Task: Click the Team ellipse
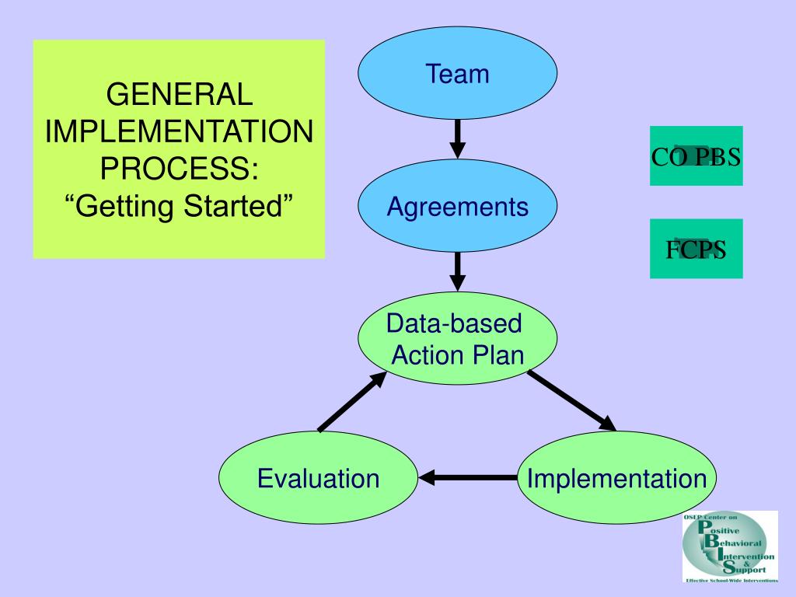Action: (457, 73)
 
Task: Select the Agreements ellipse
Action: (457, 205)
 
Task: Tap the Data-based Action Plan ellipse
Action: (457, 338)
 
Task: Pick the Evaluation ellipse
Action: (318, 478)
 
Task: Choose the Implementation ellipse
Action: (616, 478)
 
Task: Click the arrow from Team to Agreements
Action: (457, 139)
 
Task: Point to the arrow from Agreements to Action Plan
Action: (457, 271)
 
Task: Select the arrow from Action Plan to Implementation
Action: (572, 401)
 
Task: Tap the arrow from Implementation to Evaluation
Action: (468, 478)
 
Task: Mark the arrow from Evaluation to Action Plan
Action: (352, 402)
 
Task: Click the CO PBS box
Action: (696, 155)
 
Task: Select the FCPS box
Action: (696, 249)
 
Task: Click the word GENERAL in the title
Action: (180, 94)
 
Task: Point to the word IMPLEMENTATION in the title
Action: (180, 131)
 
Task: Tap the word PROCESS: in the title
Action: (180, 169)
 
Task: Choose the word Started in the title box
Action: (238, 206)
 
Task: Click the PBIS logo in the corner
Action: (730, 547)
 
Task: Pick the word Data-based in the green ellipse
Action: (454, 323)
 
